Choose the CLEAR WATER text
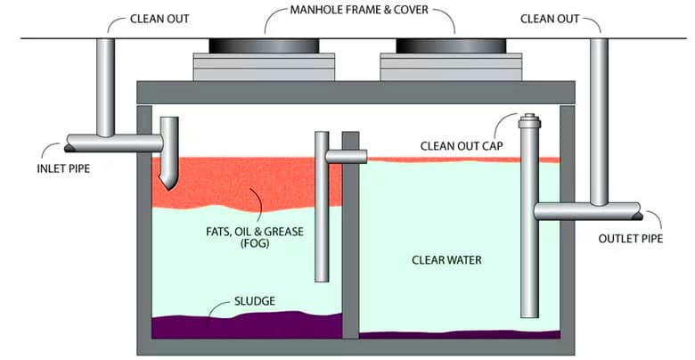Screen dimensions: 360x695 click(446, 260)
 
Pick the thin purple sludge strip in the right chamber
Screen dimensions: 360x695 click(454, 335)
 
